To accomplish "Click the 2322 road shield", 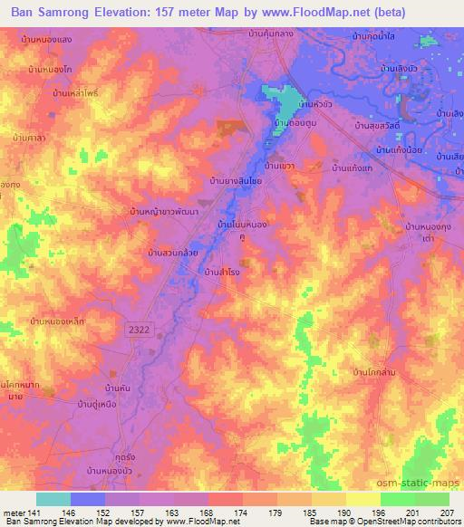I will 138,334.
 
